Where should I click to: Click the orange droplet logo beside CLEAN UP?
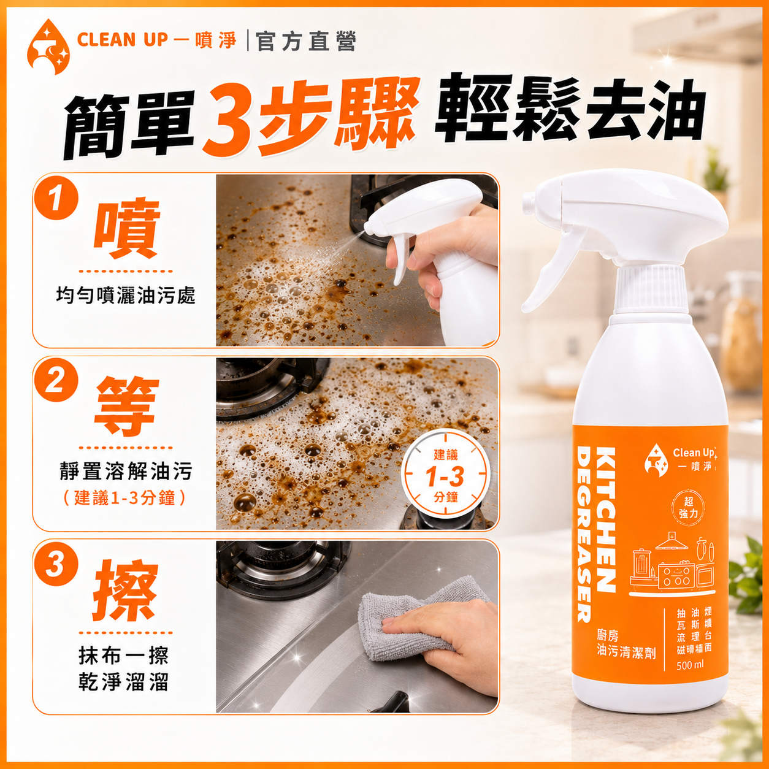(x=48, y=47)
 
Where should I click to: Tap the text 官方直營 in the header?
(x=305, y=42)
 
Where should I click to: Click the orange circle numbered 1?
(x=55, y=198)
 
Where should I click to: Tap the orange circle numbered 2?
(x=55, y=381)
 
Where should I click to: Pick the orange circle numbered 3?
(x=55, y=564)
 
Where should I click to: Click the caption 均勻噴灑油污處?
(x=126, y=296)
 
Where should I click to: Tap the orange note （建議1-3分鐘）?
(x=125, y=498)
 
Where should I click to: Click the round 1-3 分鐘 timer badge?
(x=445, y=475)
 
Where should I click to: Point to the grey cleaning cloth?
(x=419, y=622)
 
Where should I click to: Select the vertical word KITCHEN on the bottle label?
(x=605, y=520)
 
